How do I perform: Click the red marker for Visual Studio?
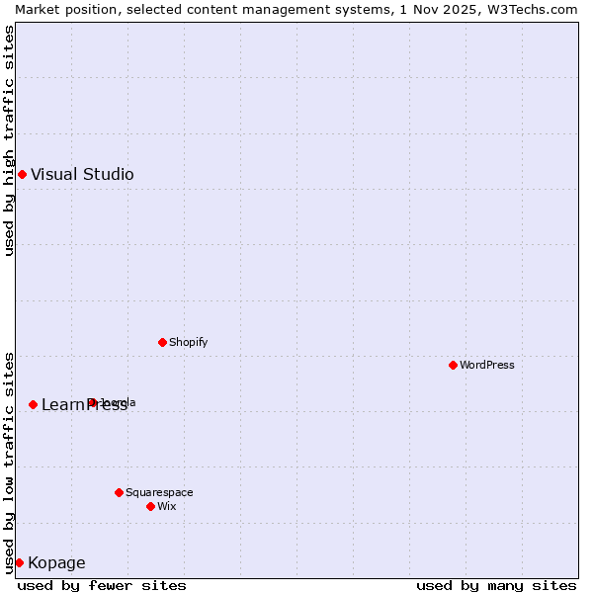click(x=22, y=175)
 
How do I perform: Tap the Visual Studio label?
click(x=82, y=175)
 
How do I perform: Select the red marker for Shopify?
click(x=162, y=343)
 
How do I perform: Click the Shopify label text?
click(x=188, y=343)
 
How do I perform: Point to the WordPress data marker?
click(x=453, y=366)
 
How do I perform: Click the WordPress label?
click(x=486, y=366)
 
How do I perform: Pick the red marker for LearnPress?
click(x=33, y=405)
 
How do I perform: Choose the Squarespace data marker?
click(x=119, y=492)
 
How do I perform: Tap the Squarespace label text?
click(x=159, y=492)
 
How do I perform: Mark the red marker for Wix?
click(x=150, y=506)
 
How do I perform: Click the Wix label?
click(x=167, y=506)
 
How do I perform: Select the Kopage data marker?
click(x=19, y=562)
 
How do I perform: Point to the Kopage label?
click(x=56, y=563)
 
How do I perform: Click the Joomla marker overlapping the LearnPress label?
click(x=92, y=402)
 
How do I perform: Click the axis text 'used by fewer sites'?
click(x=102, y=585)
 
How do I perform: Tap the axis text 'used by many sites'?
click(x=496, y=585)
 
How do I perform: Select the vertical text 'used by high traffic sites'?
click(x=9, y=140)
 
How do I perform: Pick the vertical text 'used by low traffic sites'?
click(x=9, y=463)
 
